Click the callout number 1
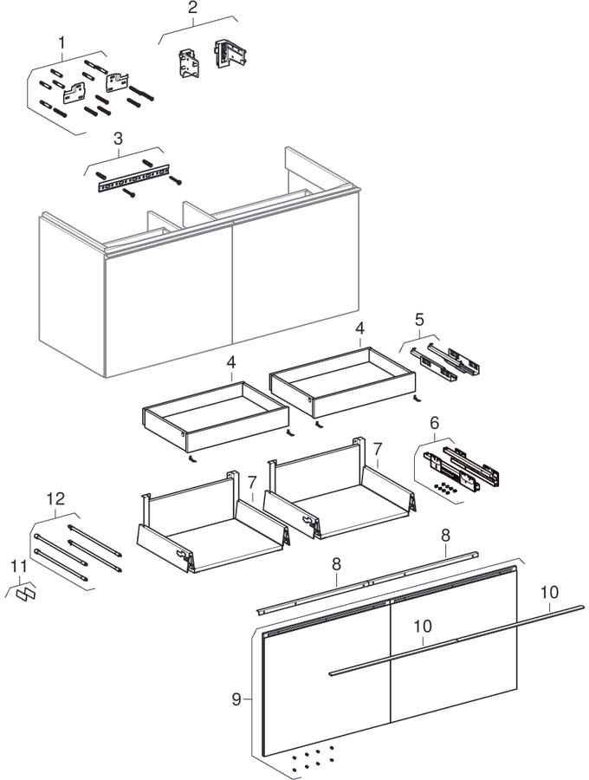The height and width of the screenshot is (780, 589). tap(61, 41)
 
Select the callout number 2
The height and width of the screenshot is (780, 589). tap(192, 8)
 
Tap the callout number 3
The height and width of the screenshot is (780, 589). tap(118, 138)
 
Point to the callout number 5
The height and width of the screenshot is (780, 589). tap(418, 320)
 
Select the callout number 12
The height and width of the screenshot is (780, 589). tap(55, 498)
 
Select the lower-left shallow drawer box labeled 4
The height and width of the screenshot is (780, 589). tap(215, 417)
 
